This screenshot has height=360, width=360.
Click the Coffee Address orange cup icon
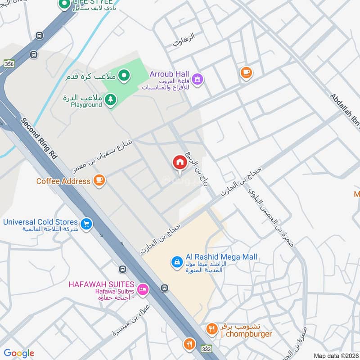tap(99, 181)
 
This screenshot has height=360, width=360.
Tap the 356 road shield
tap(9, 65)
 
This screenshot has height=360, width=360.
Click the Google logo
tap(19, 353)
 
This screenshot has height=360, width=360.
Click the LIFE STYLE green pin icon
tap(65, 4)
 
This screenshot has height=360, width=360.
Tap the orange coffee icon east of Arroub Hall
tap(246, 72)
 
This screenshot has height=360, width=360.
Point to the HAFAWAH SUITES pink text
tap(101, 284)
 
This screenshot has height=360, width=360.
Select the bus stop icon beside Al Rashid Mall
tap(165, 288)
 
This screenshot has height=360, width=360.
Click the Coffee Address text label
tap(63, 181)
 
